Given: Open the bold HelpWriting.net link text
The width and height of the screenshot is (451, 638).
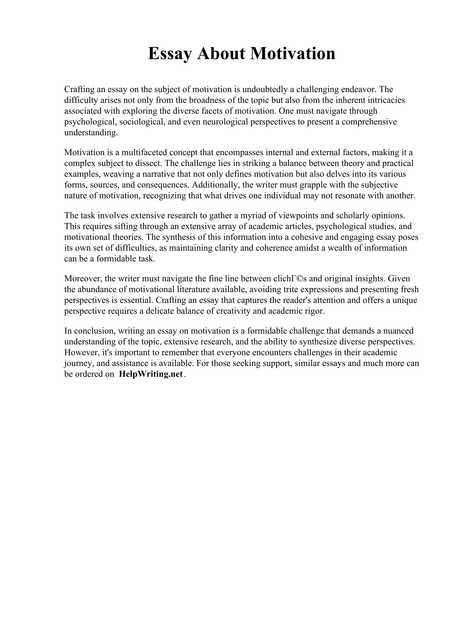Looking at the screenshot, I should click(151, 374).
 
